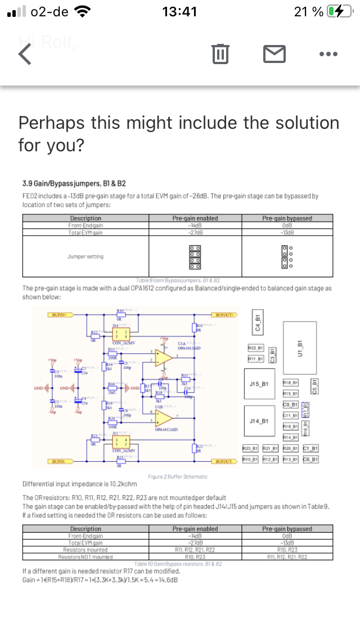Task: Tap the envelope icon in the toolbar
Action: point(274,54)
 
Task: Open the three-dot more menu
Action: point(328,54)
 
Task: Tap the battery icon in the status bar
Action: point(340,12)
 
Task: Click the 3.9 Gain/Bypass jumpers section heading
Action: point(74,183)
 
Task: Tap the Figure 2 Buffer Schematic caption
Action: point(177,476)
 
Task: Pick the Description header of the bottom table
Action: point(85,529)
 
